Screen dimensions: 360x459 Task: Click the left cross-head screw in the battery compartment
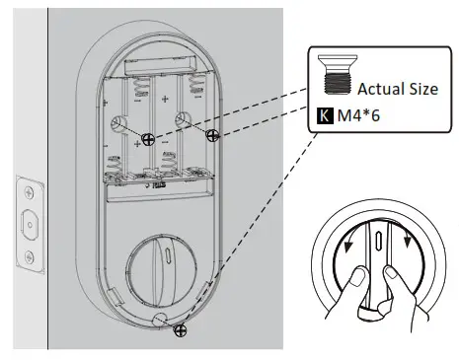click(147, 140)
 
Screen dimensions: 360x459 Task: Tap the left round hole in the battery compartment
click(118, 123)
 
